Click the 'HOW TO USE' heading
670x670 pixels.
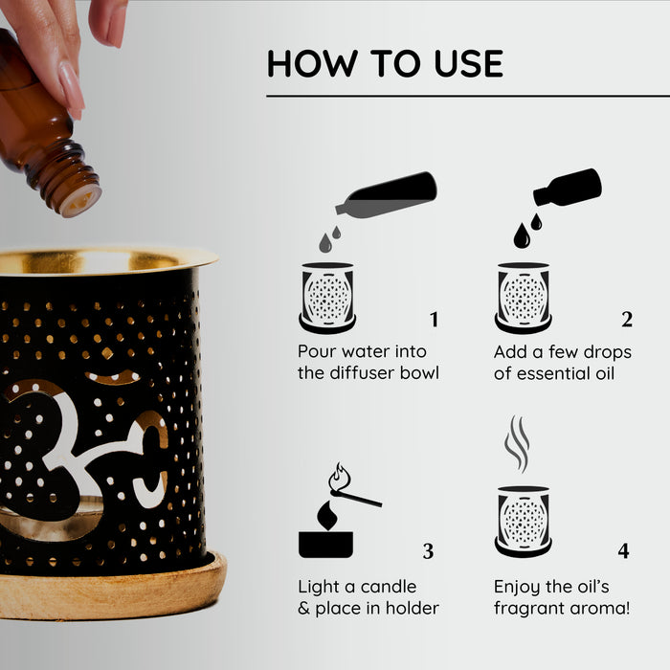[385, 63]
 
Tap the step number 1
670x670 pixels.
[434, 320]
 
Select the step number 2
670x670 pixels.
[627, 320]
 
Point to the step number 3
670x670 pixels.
[428, 551]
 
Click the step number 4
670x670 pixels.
[623, 551]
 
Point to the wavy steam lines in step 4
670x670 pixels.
[517, 443]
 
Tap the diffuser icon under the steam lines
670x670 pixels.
[523, 522]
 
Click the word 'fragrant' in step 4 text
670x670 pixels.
[531, 608]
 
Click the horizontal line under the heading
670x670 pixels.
[468, 97]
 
